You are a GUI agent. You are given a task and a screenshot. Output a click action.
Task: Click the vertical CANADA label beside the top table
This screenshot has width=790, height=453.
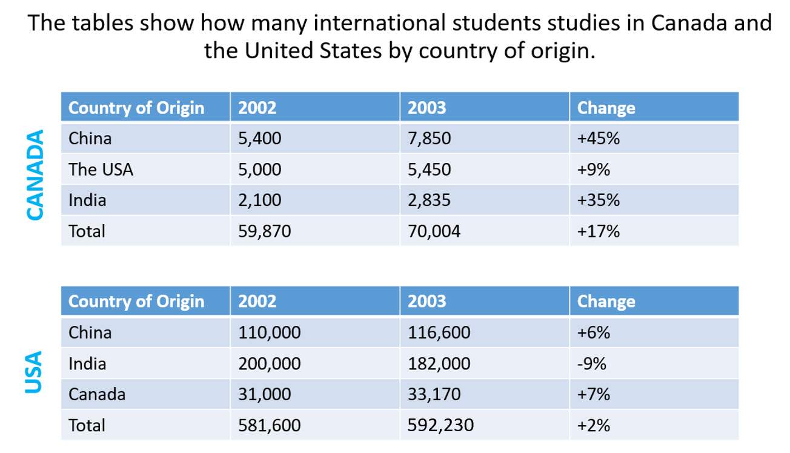click(x=35, y=175)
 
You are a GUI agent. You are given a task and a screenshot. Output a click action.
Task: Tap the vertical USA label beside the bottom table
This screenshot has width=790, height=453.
click(x=35, y=372)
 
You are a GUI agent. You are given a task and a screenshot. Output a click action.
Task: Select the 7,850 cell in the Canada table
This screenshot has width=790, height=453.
click(x=430, y=139)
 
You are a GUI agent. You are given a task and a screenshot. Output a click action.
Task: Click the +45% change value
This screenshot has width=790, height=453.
click(x=599, y=139)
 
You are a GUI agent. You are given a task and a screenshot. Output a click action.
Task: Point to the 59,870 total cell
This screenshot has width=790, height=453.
click(x=265, y=231)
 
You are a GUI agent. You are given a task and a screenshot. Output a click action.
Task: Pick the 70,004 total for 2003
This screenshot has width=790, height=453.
click(x=434, y=231)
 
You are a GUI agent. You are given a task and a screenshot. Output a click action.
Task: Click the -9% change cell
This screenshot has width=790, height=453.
click(x=592, y=364)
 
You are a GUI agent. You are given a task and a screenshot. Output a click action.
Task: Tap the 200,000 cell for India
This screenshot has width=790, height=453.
click(x=269, y=364)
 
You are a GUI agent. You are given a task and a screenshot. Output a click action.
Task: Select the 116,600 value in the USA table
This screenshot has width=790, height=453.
click(x=439, y=332)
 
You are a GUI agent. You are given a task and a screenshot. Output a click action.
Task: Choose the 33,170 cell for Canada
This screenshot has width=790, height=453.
click(x=434, y=395)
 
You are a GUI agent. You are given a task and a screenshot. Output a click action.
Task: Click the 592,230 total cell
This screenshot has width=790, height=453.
click(x=440, y=426)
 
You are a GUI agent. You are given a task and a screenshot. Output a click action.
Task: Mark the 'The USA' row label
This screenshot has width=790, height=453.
click(x=101, y=170)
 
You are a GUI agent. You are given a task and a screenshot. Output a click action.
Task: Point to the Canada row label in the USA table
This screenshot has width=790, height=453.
click(x=97, y=395)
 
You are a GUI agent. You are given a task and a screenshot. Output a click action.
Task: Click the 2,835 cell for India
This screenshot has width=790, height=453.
click(x=430, y=200)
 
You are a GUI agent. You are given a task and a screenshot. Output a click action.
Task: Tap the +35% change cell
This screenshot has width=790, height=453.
click(x=599, y=200)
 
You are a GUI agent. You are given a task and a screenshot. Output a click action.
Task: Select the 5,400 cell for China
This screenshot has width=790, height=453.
click(x=260, y=139)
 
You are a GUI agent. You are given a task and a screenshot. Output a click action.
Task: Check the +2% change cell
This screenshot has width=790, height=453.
click(x=594, y=426)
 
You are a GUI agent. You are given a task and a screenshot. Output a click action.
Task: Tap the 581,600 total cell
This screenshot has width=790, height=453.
click(x=269, y=426)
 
